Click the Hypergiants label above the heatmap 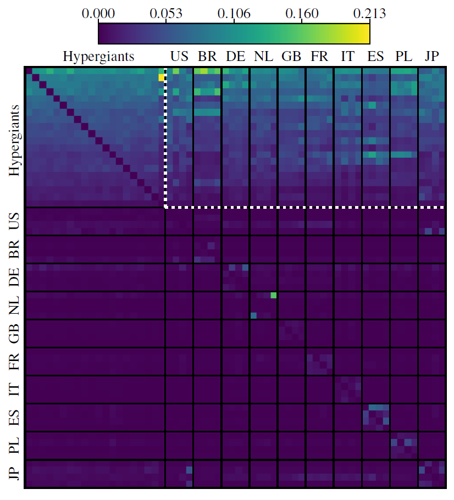click(99, 57)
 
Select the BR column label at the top click(207, 57)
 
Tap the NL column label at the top click(263, 57)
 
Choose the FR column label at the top click(319, 57)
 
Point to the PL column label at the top click(403, 57)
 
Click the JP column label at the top click(431, 57)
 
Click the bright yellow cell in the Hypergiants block click(161, 77)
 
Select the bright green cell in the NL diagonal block click(274, 295)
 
